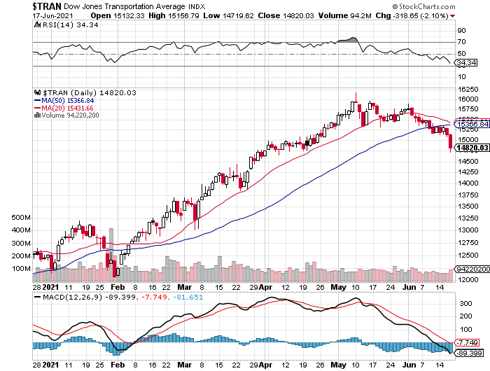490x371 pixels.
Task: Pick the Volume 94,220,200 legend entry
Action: [x=69, y=115]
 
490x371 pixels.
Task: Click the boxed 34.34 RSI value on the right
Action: [x=467, y=62]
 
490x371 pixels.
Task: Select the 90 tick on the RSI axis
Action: [x=462, y=31]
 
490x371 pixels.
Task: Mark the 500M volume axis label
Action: [x=22, y=218]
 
